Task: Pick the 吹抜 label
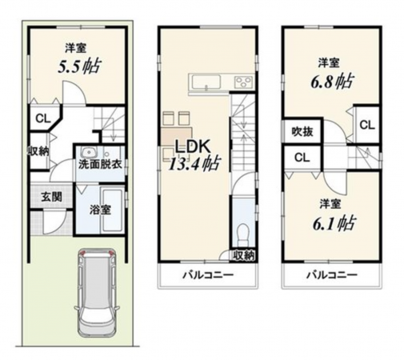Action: coord(301,130)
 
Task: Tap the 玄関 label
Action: coord(52,196)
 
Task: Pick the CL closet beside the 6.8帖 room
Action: coord(366,125)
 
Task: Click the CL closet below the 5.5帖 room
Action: coord(41,118)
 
